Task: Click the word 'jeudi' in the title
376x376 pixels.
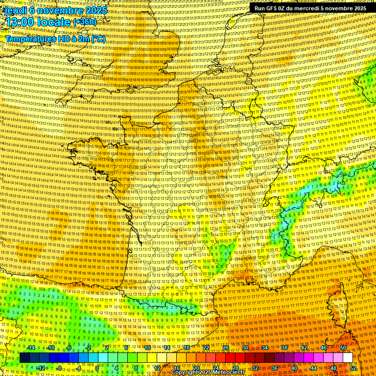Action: (15, 10)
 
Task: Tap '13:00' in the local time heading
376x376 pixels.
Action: (20, 22)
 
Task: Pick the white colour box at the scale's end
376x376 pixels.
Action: (348, 358)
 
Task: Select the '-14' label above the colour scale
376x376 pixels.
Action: (30, 348)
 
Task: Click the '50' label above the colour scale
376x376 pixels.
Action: (343, 348)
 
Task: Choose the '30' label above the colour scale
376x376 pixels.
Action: (245, 348)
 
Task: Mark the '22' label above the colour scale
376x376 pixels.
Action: (206, 348)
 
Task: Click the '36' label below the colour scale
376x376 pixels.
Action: (275, 368)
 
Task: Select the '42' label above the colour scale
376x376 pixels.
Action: (304, 348)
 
